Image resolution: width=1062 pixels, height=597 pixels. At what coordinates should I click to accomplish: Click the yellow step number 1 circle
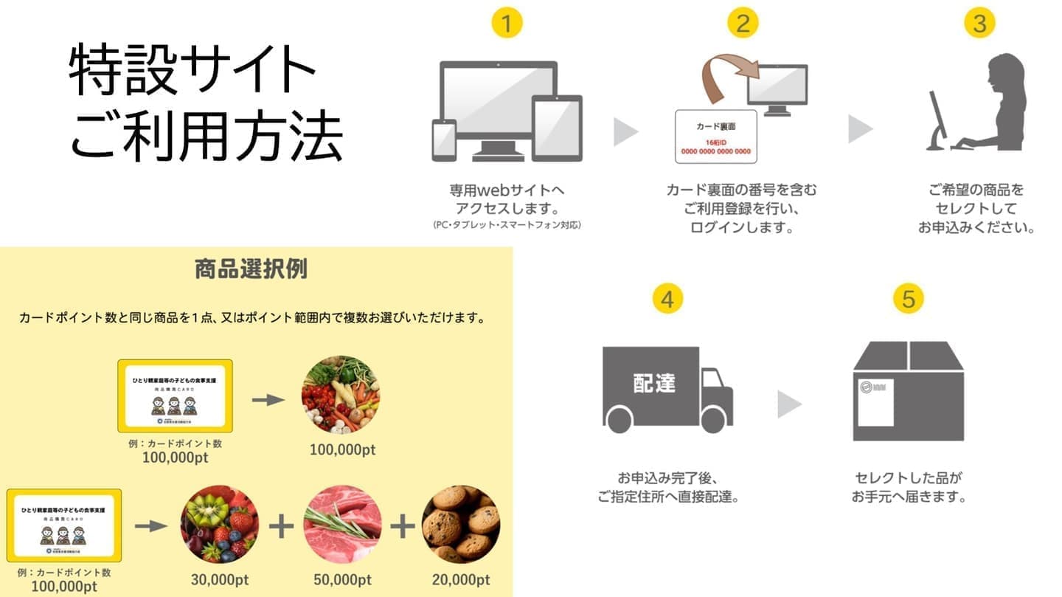[506, 24]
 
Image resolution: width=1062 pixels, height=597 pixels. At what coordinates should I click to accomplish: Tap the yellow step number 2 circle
[743, 24]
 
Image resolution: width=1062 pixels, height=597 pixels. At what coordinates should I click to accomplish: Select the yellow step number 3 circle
[979, 24]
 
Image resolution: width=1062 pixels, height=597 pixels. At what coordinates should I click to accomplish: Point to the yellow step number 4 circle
[667, 299]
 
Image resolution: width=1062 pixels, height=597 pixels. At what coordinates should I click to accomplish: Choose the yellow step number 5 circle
[908, 299]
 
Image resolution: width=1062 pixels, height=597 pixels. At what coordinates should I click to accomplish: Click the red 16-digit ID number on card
[715, 151]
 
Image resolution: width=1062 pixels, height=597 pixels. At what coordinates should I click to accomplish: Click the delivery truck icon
[667, 389]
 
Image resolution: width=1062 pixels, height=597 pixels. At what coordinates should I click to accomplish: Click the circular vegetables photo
[341, 394]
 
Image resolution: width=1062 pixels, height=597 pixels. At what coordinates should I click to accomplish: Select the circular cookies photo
[461, 523]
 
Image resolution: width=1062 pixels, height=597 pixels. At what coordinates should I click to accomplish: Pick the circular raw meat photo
[341, 523]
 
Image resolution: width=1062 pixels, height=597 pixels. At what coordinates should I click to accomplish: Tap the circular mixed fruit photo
[219, 523]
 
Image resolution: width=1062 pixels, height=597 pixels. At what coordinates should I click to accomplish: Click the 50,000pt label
[342, 580]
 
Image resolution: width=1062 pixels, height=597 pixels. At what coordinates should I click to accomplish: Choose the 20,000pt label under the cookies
[461, 580]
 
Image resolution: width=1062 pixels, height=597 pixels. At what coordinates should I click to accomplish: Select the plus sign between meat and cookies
[403, 525]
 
